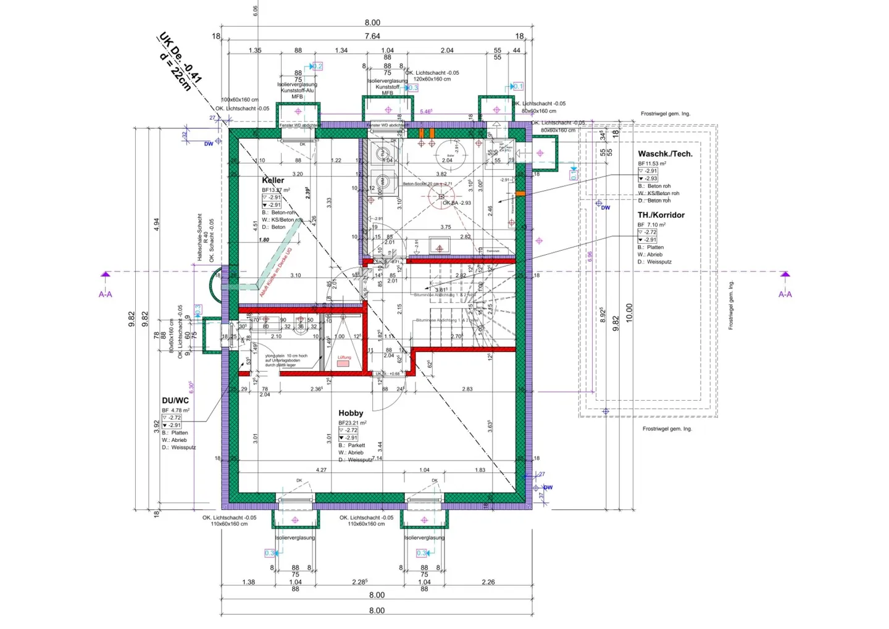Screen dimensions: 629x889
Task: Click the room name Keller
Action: pyautogui.click(x=273, y=180)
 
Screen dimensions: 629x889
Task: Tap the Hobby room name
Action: pyautogui.click(x=351, y=413)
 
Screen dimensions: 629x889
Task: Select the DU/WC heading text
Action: pyautogui.click(x=175, y=401)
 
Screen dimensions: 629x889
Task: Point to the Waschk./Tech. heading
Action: pyautogui.click(x=665, y=154)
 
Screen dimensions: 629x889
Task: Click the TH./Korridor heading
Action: pyautogui.click(x=661, y=215)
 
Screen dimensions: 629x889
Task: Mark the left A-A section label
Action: pyautogui.click(x=106, y=294)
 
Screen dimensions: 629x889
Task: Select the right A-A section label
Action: pyautogui.click(x=785, y=294)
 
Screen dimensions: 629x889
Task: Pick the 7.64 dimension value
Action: pyautogui.click(x=372, y=36)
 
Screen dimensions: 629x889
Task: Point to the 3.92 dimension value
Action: pyautogui.click(x=156, y=427)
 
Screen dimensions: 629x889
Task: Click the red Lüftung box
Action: pyautogui.click(x=343, y=364)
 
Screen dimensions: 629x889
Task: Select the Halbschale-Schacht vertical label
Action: pyautogui.click(x=199, y=237)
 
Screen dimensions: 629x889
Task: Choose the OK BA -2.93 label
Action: pyautogui.click(x=457, y=202)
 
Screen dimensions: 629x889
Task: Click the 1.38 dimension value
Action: pyautogui.click(x=248, y=582)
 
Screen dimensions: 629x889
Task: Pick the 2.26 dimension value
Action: pyautogui.click(x=488, y=582)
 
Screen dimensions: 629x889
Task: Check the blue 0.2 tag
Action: pyautogui.click(x=317, y=66)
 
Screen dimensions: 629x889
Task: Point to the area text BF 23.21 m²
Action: pyautogui.click(x=353, y=423)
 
